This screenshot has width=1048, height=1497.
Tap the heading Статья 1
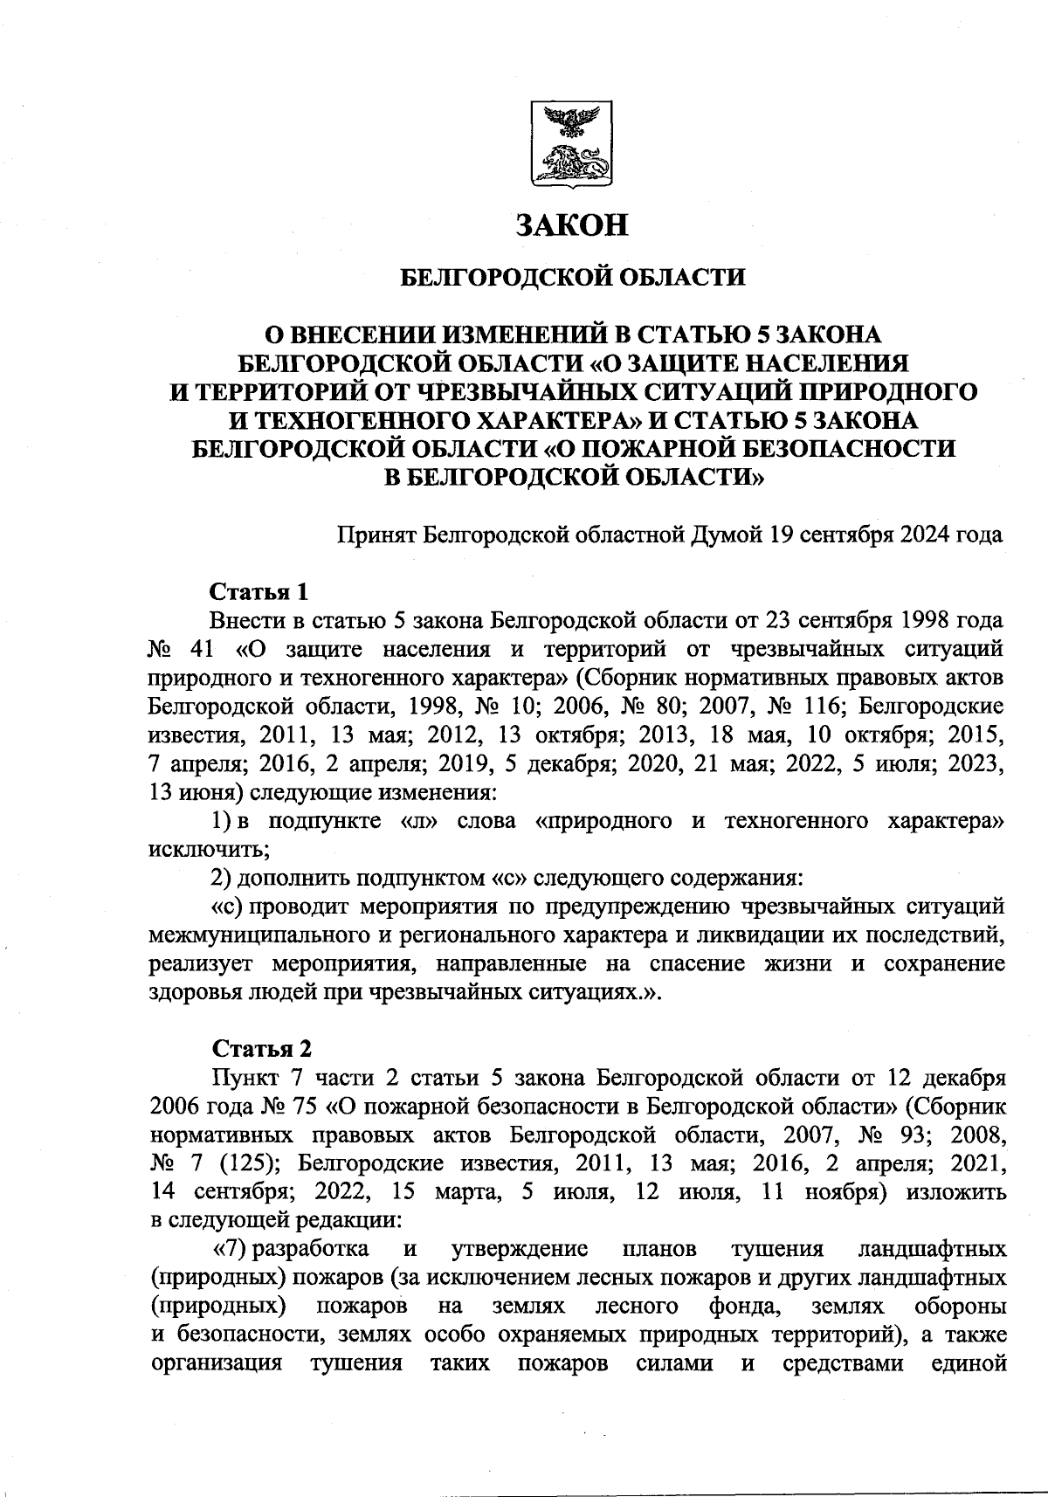click(259, 592)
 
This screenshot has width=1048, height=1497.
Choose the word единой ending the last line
click(964, 1362)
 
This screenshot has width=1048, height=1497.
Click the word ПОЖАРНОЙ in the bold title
click(679, 448)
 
